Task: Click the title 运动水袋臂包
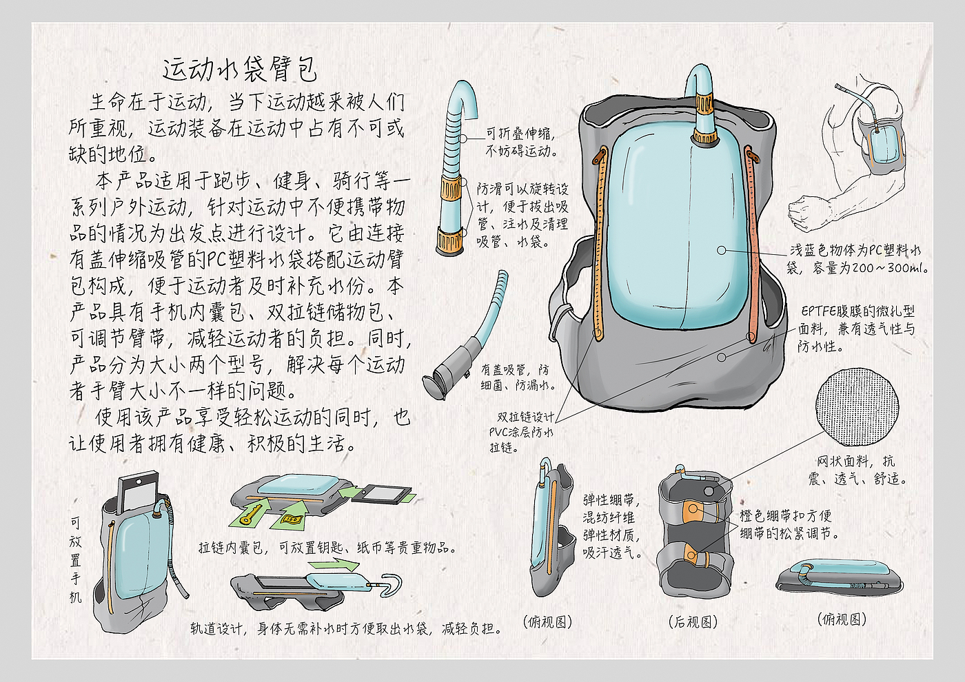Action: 240,70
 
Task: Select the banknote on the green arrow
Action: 290,519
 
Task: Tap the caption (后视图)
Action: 693,622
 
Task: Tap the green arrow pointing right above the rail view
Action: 334,564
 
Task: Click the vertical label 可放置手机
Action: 75,560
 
